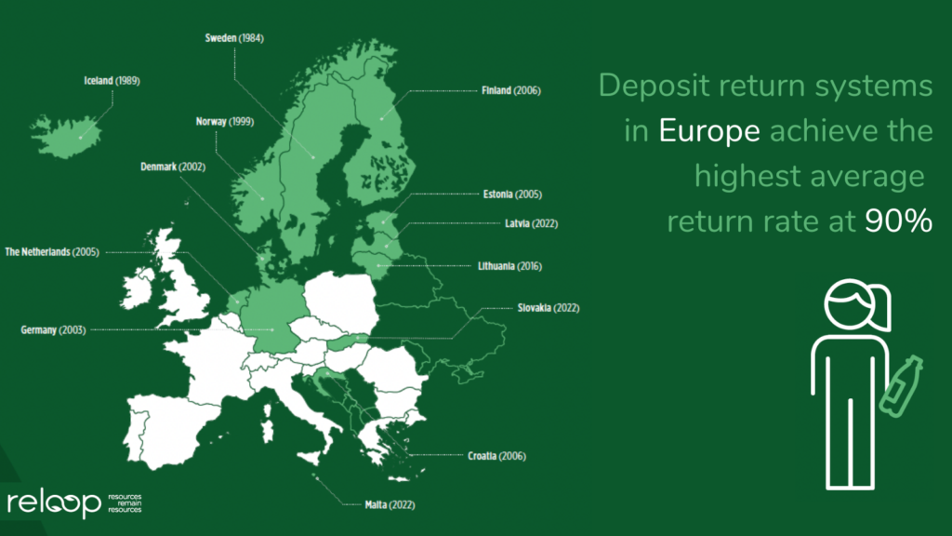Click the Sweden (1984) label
(x=234, y=38)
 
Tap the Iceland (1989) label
(x=112, y=81)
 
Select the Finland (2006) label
(x=511, y=90)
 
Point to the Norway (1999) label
(x=225, y=122)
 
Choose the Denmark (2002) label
(x=173, y=167)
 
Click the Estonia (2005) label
(x=512, y=194)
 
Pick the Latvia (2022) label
(x=531, y=223)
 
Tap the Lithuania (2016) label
(x=510, y=266)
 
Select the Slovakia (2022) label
(x=549, y=308)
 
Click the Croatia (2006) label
(x=496, y=456)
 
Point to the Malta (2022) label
(x=390, y=505)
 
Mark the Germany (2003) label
(x=53, y=330)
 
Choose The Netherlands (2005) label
(x=52, y=252)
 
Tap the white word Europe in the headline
(x=709, y=130)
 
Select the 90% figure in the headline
(x=899, y=221)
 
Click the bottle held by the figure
(x=901, y=386)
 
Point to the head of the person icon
(x=856, y=305)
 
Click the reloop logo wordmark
(x=54, y=503)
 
